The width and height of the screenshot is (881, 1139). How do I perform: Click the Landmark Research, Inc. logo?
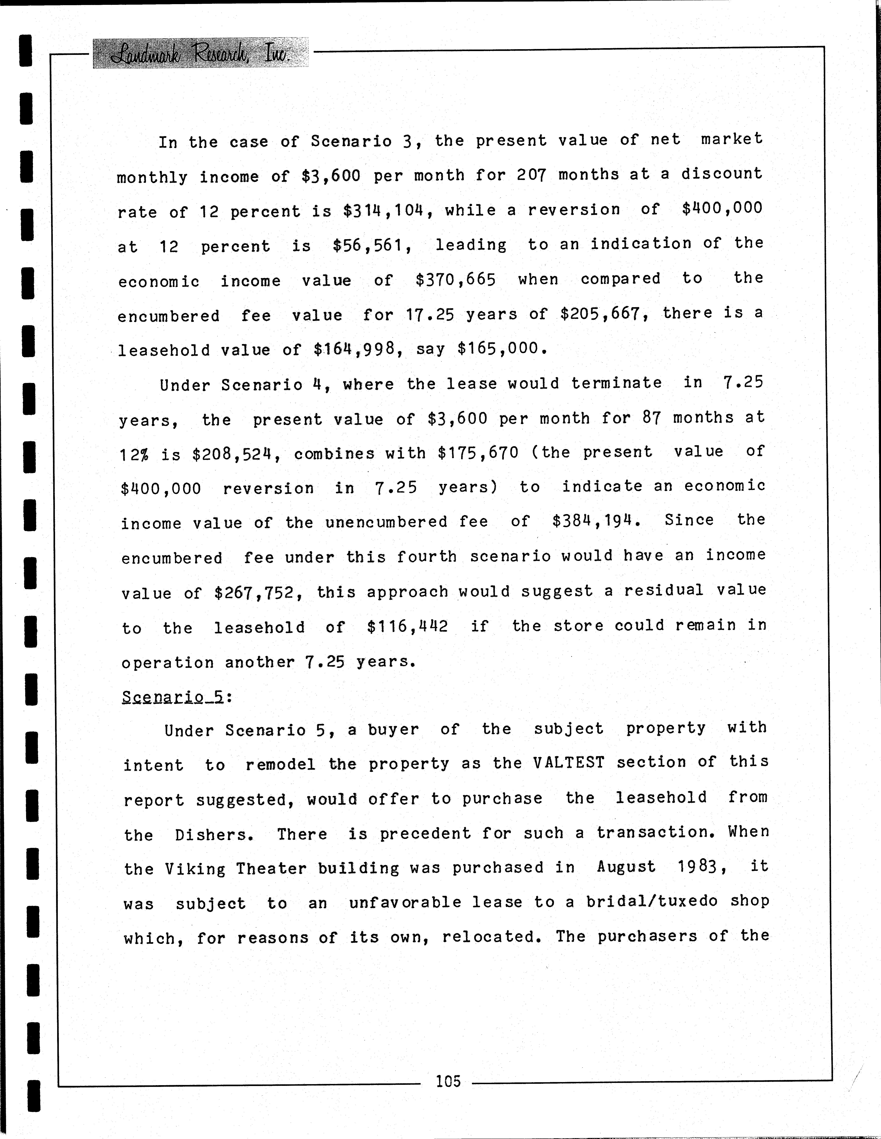click(x=200, y=53)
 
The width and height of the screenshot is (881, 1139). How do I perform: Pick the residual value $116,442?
click(x=407, y=626)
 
